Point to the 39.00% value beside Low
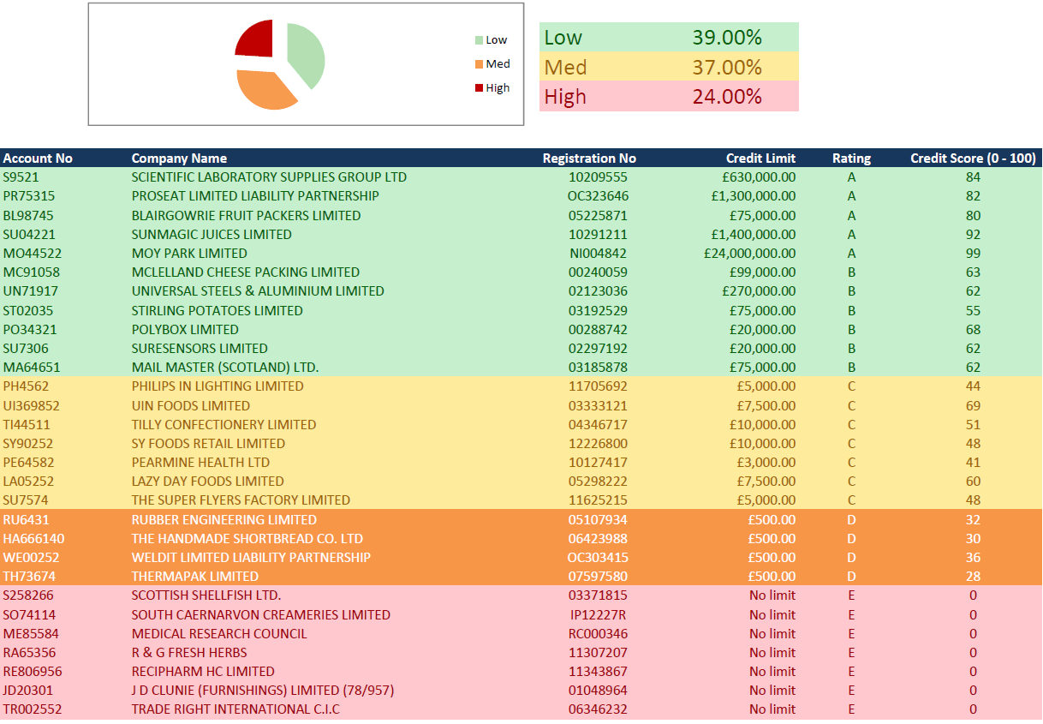(726, 38)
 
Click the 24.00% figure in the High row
(726, 97)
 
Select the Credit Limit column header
(760, 159)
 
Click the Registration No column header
(589, 159)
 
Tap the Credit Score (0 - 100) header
(973, 159)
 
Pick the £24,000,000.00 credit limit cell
(749, 254)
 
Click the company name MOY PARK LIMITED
(189, 254)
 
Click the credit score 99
(973, 254)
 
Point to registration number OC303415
(598, 558)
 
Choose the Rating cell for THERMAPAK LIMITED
(851, 577)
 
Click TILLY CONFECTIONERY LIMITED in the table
(223, 425)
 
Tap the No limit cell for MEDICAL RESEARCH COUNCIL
(772, 634)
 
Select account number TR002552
(33, 709)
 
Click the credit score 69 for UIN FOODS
(973, 406)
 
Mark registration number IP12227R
(598, 615)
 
